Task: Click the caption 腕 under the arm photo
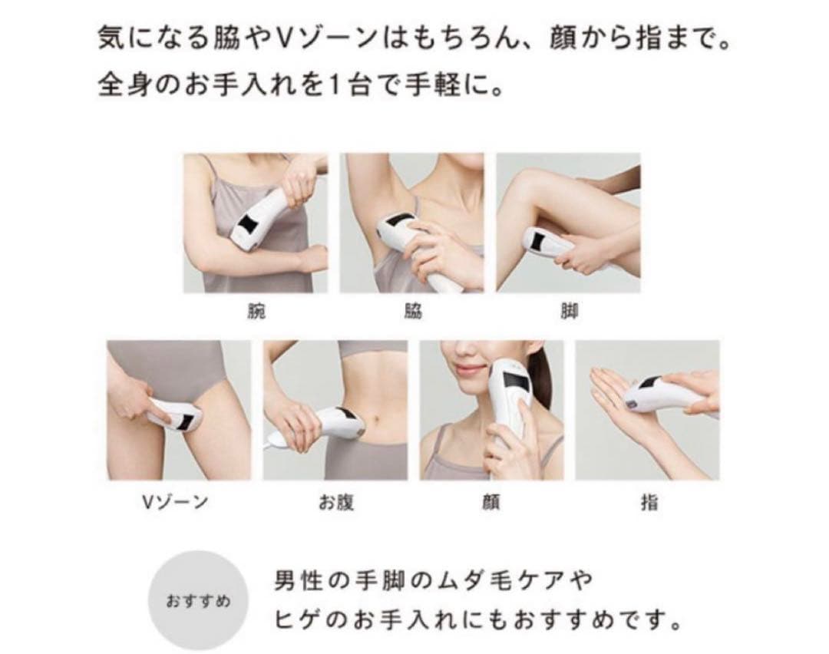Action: pyautogui.click(x=255, y=312)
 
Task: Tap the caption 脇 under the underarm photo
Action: pyautogui.click(x=412, y=312)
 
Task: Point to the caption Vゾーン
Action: pyautogui.click(x=178, y=504)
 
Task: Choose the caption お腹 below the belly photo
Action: pyautogui.click(x=335, y=504)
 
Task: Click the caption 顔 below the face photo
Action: pyautogui.click(x=491, y=504)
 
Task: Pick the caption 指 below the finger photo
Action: pyautogui.click(x=648, y=504)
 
